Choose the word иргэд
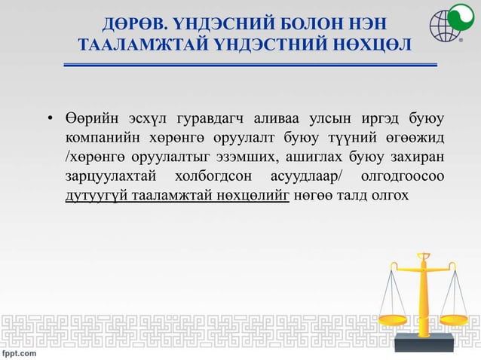376,120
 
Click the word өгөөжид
411,139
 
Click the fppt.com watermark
19,352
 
